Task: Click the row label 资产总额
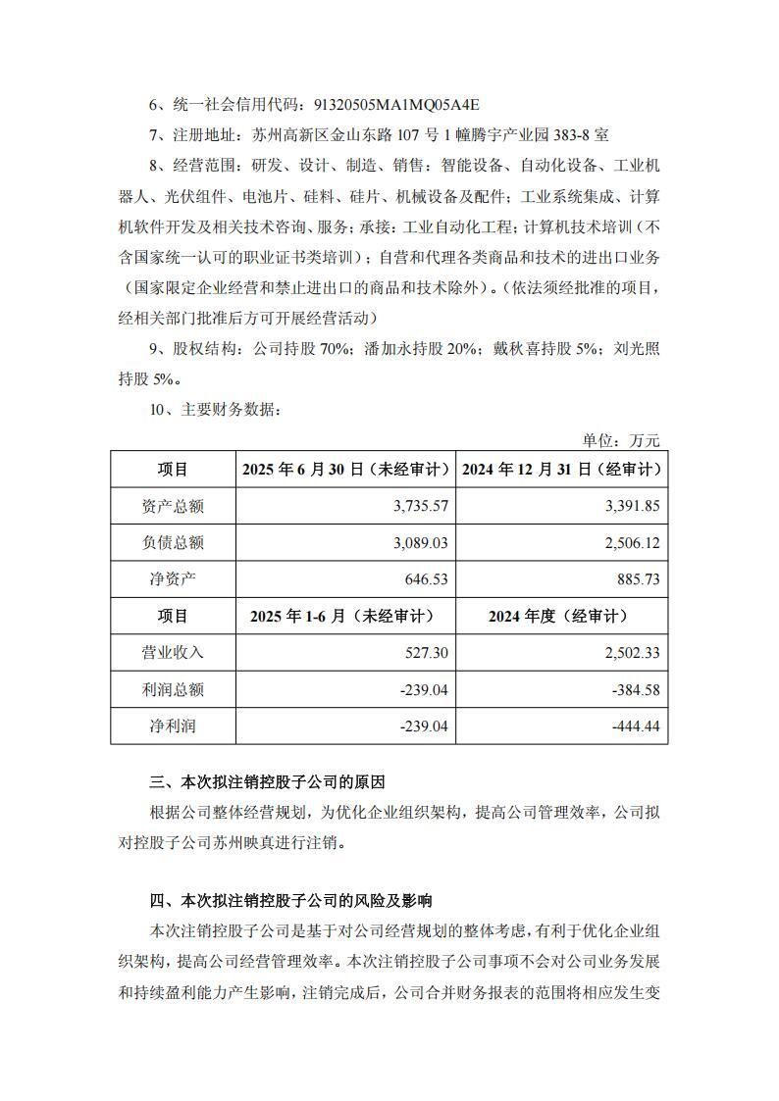pos(173,507)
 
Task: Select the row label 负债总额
pos(173,543)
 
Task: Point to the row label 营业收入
pos(173,652)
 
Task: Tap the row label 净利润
pos(173,726)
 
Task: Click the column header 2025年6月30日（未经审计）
pos(345,470)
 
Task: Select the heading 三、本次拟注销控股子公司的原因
pos(267,782)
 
